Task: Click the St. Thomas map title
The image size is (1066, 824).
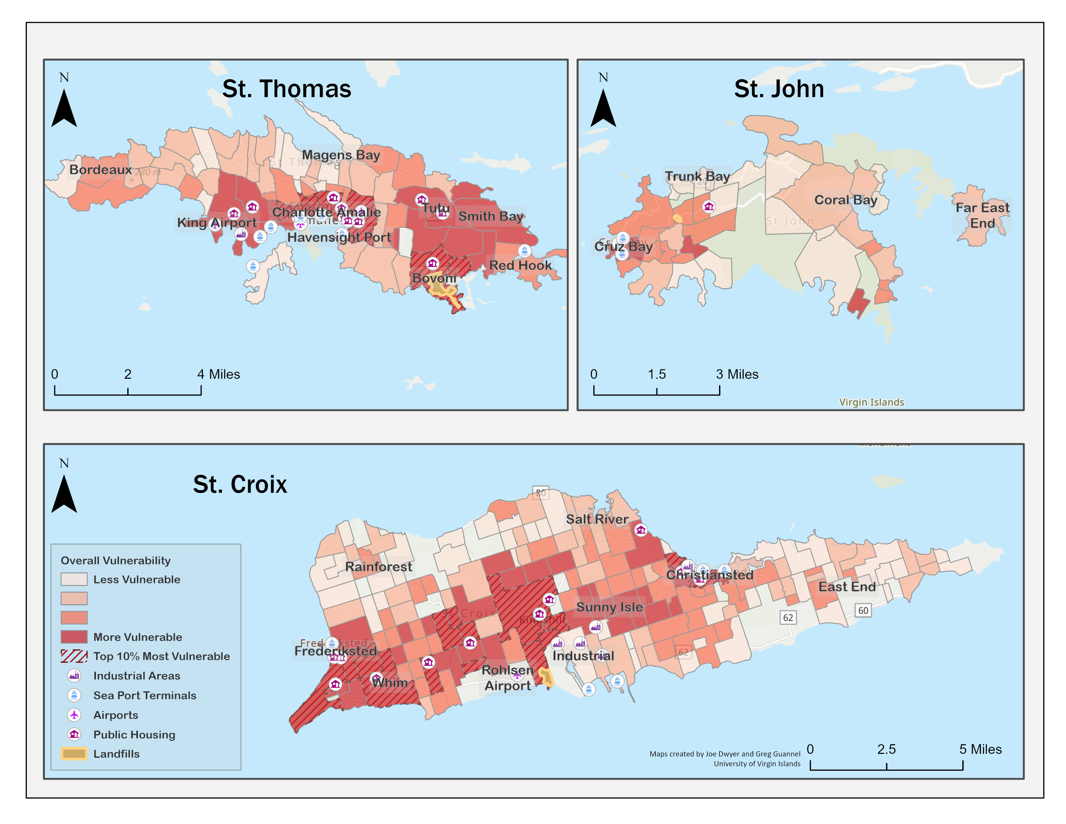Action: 287,89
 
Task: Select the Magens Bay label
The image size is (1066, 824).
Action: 341,155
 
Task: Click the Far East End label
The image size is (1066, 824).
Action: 982,215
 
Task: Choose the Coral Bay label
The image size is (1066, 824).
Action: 845,200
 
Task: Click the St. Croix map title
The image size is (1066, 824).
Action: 240,484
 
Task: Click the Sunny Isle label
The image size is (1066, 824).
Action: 609,607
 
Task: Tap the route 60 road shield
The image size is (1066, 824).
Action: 863,610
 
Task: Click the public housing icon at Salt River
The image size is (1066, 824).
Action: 641,530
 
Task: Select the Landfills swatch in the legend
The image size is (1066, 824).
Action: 74,753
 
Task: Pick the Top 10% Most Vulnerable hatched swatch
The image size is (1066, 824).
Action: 74,656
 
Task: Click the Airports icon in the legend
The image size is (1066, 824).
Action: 74,715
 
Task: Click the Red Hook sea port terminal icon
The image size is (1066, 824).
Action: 524,251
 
